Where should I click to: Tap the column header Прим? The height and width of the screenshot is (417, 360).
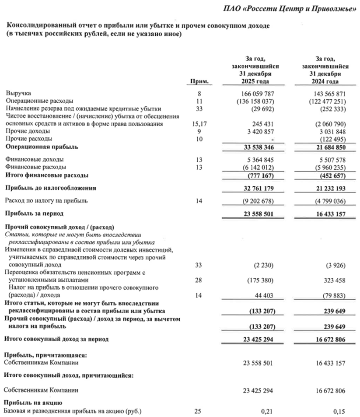pyautogui.click(x=199, y=82)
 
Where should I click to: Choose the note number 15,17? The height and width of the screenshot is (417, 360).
pyautogui.click(x=199, y=124)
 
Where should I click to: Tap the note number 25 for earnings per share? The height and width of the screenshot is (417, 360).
pyautogui.click(x=199, y=411)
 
